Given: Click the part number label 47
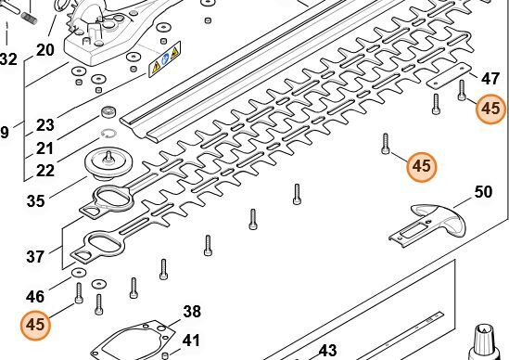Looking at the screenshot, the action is point(490,79).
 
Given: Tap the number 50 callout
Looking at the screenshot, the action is point(483,192).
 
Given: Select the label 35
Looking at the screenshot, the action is point(36,201).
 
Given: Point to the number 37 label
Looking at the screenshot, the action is point(35,257).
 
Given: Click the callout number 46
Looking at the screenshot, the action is point(35,297).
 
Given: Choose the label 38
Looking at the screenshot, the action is point(192,312).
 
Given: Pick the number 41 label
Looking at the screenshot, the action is point(191,341).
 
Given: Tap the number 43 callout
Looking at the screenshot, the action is point(328,351).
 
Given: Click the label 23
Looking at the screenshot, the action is point(45,125).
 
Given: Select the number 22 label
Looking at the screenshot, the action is point(45,171).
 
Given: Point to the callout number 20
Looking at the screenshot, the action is point(45,50).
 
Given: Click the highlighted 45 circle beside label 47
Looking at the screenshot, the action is point(490,109).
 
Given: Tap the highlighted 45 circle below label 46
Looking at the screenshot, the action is point(35,325).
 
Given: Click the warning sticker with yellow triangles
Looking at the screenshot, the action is point(165,58).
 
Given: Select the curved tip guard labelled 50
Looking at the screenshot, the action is point(427,225).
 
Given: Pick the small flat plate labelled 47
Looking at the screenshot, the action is point(449,76).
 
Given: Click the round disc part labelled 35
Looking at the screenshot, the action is point(108,164).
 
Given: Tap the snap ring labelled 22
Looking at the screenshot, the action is point(108,134).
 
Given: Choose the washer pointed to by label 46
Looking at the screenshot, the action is point(79,272).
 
